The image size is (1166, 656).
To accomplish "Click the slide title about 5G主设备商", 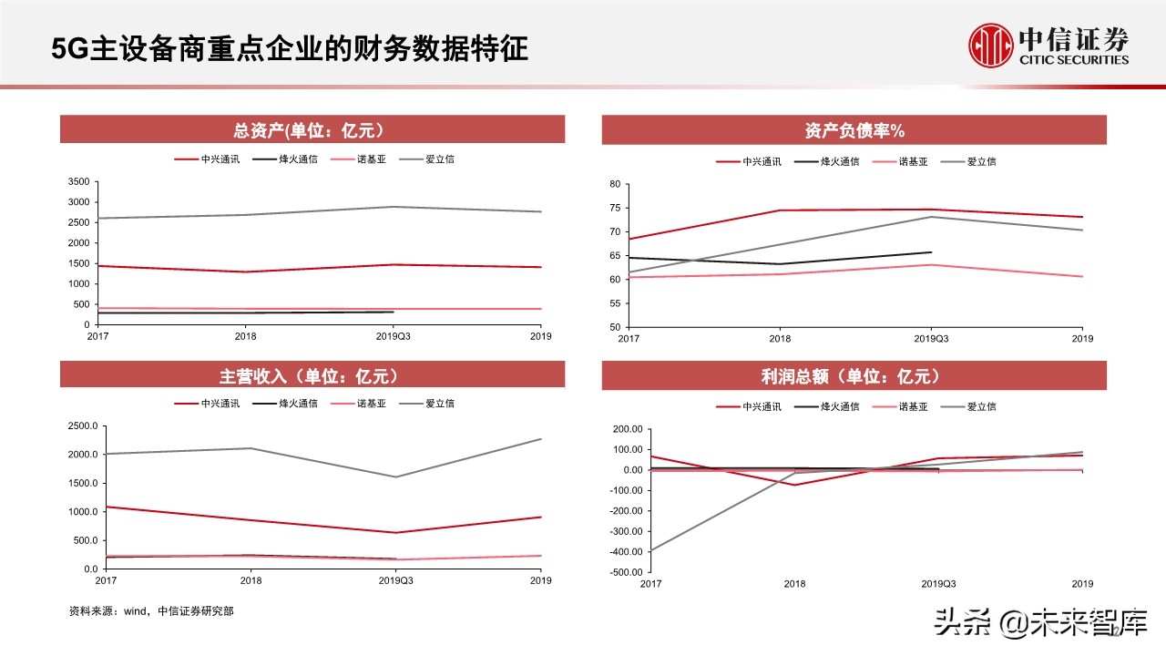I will [290, 48].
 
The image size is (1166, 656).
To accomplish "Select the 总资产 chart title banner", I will [312, 129].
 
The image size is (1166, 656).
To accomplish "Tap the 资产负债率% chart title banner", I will [854, 130].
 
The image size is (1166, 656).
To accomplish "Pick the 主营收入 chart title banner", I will [312, 375].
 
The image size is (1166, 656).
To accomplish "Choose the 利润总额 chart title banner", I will [854, 375].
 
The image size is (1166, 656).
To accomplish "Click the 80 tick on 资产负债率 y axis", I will [615, 184].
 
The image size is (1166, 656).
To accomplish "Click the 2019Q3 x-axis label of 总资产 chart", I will [394, 336].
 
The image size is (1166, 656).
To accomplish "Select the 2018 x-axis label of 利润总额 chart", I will [794, 584].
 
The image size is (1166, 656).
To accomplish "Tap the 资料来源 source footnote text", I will [151, 611].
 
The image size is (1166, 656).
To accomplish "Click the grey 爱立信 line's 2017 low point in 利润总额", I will [651, 551].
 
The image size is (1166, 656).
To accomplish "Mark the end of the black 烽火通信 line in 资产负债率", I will [931, 252].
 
